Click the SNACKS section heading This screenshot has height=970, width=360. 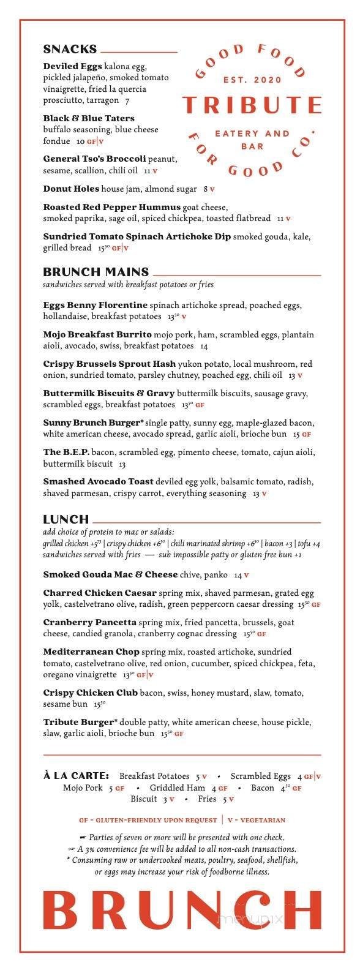[70, 50]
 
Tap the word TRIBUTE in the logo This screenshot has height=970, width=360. [252, 105]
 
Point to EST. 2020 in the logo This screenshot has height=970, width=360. [252, 80]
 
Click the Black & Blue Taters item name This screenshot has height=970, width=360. [89, 118]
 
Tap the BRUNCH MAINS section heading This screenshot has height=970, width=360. [96, 272]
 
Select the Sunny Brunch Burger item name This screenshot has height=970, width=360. [92, 423]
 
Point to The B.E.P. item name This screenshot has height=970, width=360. [66, 452]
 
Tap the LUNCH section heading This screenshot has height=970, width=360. [66, 519]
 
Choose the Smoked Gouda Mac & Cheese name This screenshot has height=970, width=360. [110, 574]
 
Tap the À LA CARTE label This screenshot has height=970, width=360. [77, 776]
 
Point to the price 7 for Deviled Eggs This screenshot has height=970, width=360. [127, 101]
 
